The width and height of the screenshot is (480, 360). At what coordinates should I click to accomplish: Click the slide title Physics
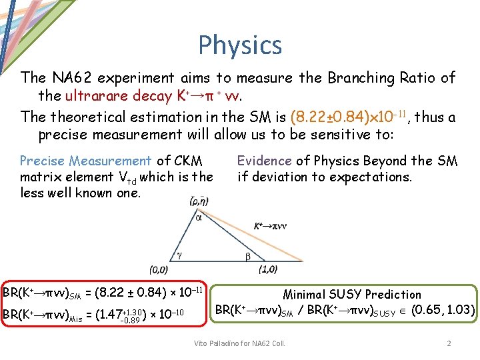240,45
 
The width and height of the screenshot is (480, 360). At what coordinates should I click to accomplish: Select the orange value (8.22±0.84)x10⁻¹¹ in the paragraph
350,117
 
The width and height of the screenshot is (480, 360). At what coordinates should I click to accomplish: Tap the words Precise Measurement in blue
85,161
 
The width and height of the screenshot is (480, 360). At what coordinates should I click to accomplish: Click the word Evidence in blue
265,161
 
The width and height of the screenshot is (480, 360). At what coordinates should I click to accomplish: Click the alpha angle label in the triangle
199,217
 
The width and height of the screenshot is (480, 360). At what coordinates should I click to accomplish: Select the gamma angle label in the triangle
179,254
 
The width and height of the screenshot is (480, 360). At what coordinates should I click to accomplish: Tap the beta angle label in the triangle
247,256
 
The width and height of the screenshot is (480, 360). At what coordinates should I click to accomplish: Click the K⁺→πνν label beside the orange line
269,226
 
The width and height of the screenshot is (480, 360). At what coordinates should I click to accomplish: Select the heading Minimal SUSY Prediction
352,294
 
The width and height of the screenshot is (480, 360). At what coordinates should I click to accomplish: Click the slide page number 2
449,343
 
